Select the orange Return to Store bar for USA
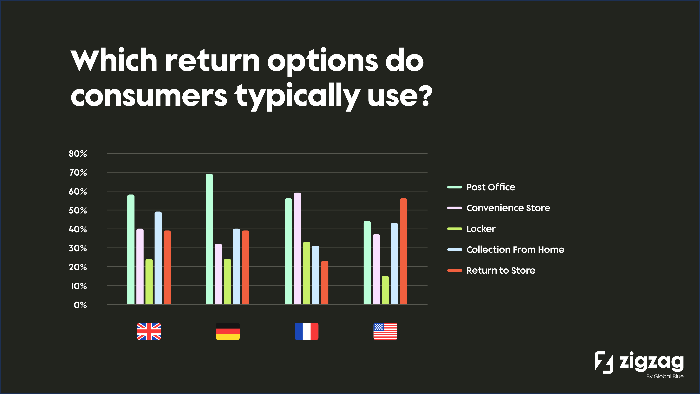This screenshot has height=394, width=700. point(403,251)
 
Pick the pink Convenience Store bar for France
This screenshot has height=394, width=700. point(297,249)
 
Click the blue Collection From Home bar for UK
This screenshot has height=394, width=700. point(158,258)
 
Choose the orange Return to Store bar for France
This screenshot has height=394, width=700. point(324,283)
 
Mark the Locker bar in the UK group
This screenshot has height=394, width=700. point(149,282)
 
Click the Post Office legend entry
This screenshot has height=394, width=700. point(491,187)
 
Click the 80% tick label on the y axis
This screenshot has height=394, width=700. point(78,153)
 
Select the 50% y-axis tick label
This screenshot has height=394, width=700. point(78,210)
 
